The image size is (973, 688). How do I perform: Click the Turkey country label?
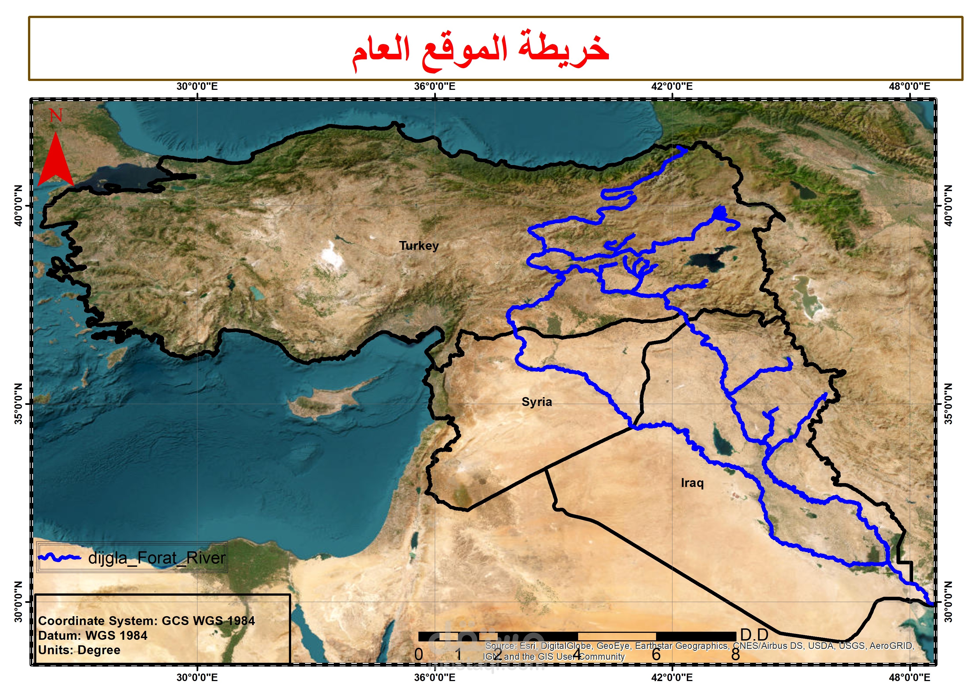(419, 246)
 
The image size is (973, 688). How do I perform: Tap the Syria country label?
(537, 402)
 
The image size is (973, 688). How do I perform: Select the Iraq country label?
(692, 483)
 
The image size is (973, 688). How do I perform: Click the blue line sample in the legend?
(59, 557)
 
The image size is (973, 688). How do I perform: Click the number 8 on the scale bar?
(735, 654)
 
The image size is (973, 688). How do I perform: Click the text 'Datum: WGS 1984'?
(93, 635)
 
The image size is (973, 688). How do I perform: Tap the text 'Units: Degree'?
(79, 650)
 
